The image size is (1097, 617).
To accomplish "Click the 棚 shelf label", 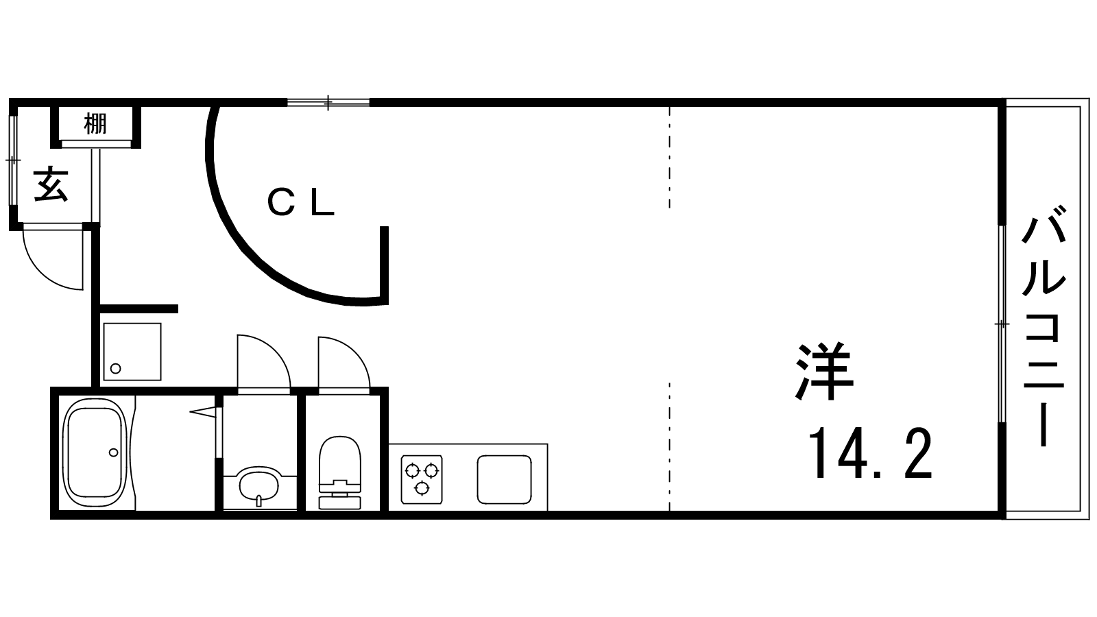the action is [95, 123].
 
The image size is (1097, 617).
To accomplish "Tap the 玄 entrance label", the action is [51, 184].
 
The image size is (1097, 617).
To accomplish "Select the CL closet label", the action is [301, 203].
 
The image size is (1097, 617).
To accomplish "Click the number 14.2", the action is [870, 453].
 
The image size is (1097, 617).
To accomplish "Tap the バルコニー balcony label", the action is [1044, 326].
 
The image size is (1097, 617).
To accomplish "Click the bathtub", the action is [96, 452].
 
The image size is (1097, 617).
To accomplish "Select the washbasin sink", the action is [259, 485].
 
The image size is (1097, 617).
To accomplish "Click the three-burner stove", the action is [422, 479].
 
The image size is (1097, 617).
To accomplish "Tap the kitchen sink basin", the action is [505, 479].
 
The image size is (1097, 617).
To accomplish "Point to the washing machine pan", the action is [132, 352].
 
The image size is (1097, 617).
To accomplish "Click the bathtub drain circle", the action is [114, 452].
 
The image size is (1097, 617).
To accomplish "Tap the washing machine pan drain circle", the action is [116, 368].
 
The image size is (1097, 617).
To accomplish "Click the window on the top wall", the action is [328, 102].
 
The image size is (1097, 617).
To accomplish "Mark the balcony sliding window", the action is [1002, 324].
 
